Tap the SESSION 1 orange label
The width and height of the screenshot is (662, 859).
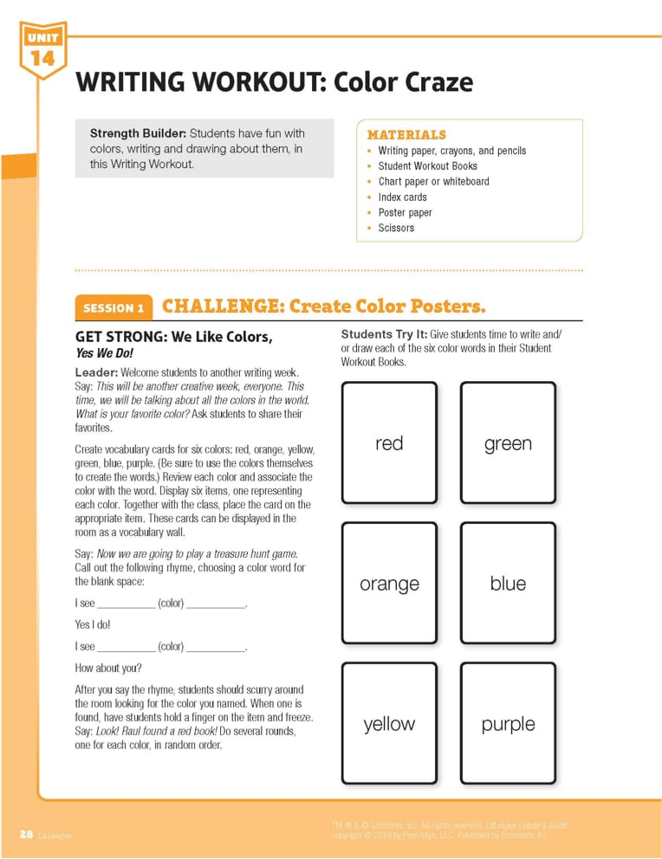[114, 307]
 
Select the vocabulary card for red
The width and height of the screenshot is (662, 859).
[389, 442]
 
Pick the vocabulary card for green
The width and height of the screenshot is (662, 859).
[508, 442]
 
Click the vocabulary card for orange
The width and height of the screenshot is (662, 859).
[389, 583]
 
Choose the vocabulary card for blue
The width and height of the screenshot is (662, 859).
[508, 583]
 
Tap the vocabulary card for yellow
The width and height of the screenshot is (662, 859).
[389, 723]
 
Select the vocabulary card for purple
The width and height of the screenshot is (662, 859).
[508, 723]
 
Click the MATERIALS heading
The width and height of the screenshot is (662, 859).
[406, 134]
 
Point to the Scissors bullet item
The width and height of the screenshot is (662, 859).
[396, 228]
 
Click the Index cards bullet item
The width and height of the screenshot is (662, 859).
[402, 197]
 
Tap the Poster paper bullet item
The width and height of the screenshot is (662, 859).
[405, 212]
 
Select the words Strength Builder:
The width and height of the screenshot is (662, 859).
[138, 133]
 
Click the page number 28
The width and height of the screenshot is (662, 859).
[26, 834]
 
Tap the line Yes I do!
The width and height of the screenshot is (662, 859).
[93, 623]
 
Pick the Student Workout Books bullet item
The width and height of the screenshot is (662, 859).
[427, 165]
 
